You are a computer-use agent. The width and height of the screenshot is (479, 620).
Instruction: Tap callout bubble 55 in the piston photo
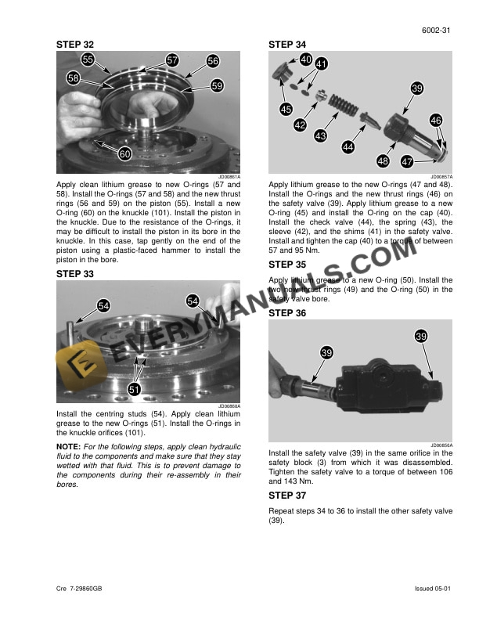(88, 59)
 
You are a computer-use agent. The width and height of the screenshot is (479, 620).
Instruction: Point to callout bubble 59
(218, 85)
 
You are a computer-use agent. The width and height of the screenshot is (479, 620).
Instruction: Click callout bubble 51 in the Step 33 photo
(135, 389)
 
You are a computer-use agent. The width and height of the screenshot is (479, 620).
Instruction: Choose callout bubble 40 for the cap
(305, 59)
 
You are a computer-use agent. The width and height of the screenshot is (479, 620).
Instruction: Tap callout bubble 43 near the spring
(320, 136)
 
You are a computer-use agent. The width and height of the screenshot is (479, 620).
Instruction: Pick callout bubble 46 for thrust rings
(436, 121)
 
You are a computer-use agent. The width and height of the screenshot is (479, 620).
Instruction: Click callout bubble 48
(383, 161)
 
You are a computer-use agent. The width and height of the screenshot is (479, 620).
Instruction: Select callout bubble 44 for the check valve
(348, 146)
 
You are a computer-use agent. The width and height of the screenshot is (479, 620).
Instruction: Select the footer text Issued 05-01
(434, 588)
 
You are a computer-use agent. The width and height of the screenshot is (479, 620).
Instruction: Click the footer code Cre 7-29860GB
(82, 588)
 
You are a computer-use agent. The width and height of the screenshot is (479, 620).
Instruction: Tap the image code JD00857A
(441, 178)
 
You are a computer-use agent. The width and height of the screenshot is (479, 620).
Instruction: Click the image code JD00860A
(229, 406)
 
